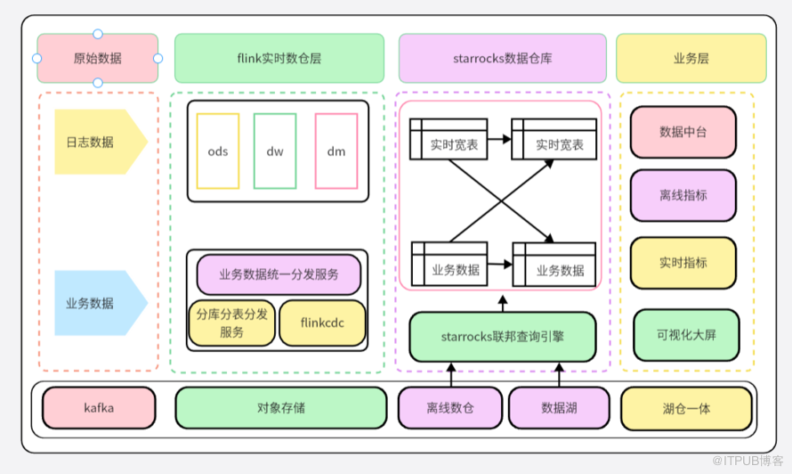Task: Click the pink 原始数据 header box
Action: pos(98,59)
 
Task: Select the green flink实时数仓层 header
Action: pos(279,59)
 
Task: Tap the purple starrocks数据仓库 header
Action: pos(503,59)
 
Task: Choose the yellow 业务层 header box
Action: pos(691,59)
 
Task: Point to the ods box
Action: pos(218,151)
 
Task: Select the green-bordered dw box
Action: pos(275,151)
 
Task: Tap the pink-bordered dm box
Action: pos(336,151)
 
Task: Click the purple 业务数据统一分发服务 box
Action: pos(279,274)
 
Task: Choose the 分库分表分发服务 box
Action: pos(232,323)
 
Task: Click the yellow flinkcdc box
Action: pos(322,323)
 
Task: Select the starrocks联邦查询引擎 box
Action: pos(503,337)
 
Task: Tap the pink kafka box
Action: pos(98,408)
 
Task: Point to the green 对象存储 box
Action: pos(280,408)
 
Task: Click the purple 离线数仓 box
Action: pos(450,408)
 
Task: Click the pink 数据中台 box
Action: pos(683,132)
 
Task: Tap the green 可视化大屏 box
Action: pos(686,335)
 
